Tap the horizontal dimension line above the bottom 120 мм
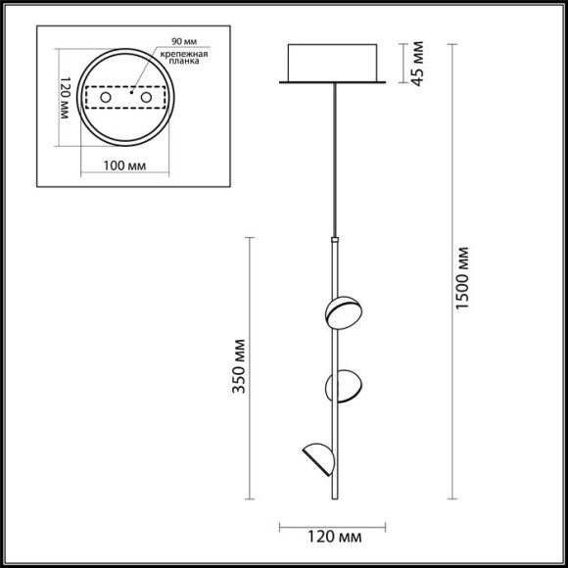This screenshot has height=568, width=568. tap(333, 520)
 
